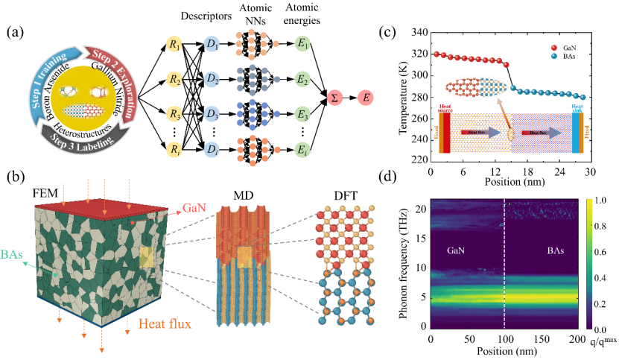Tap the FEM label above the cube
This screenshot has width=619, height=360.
[x=44, y=195]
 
